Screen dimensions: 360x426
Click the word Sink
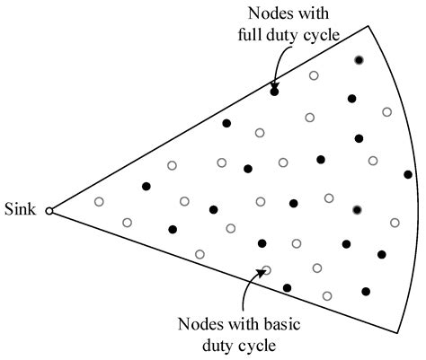20,212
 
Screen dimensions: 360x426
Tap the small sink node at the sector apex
50,212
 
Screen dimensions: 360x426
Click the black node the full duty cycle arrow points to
274,92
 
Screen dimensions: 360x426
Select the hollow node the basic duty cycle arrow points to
266,269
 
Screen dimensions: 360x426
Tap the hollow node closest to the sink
99,201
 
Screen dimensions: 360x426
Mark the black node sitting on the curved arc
408,174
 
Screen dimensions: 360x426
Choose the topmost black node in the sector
359,59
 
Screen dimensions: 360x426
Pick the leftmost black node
146,186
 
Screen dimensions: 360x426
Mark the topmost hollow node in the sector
314,75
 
